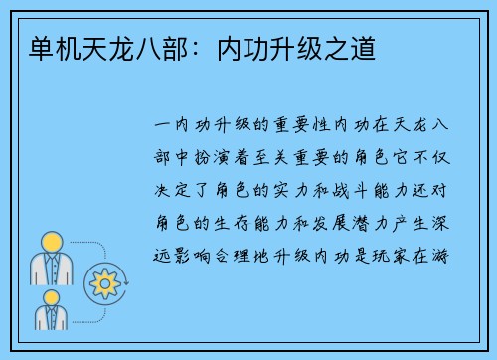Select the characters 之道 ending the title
pyautogui.click(x=353, y=47)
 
